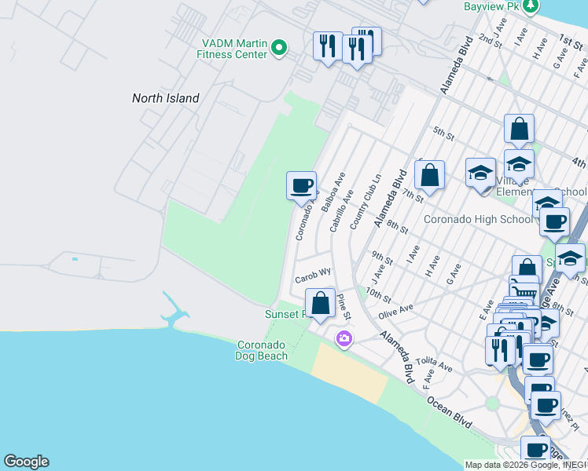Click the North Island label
pos(165,98)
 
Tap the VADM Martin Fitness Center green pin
pos(278,49)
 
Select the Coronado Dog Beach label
pos(262,350)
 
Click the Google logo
pos(26,462)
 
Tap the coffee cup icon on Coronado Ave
pos(301,186)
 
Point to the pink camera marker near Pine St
pos(344,339)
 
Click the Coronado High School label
pos(478,219)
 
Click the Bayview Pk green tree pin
pos(532,6)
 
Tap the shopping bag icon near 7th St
pos(429,175)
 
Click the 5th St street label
pos(444,134)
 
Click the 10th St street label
pos(378,296)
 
